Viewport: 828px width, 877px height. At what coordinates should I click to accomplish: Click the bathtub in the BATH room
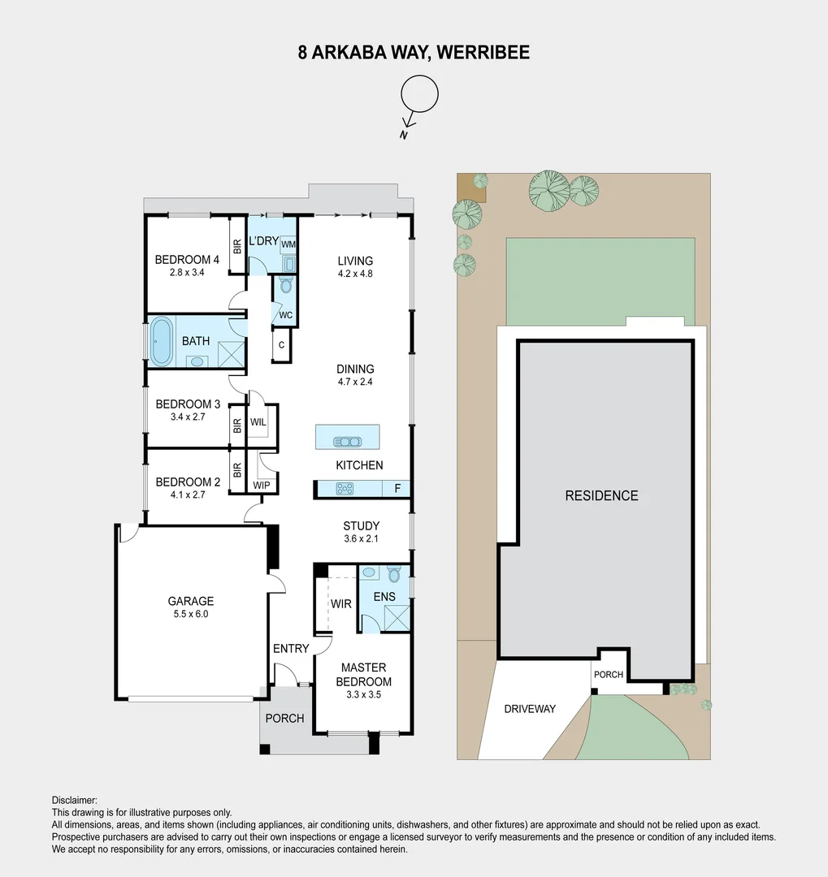(161, 341)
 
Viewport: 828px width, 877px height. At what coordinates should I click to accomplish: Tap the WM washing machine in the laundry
(288, 244)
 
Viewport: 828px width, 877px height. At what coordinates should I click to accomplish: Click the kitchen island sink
(348, 442)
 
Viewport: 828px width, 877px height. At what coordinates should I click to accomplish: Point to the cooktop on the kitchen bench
(343, 489)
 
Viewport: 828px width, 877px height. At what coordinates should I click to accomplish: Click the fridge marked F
(397, 489)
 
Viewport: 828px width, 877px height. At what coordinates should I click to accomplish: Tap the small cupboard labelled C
(281, 345)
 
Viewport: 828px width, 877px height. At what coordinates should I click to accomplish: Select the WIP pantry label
(261, 486)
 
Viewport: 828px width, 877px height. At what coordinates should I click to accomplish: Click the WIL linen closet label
(258, 422)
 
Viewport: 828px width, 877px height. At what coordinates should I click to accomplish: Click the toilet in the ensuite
(394, 575)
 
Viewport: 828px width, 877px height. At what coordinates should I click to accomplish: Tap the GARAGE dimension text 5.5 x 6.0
(191, 615)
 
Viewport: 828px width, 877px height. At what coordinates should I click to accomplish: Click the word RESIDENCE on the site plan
(601, 495)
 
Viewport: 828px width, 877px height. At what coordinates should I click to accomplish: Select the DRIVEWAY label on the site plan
(530, 709)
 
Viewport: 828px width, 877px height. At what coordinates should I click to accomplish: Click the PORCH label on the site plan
(609, 675)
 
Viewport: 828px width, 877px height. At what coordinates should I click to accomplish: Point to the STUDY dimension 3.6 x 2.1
(361, 539)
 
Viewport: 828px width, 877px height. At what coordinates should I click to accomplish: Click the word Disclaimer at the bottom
(74, 800)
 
